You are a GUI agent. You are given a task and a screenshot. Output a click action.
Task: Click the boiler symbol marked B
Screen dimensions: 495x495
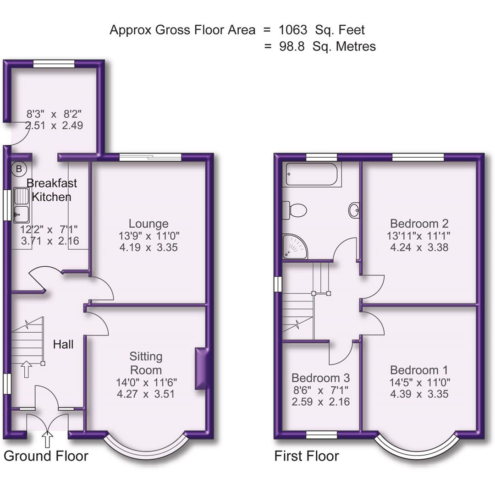tap(18, 169)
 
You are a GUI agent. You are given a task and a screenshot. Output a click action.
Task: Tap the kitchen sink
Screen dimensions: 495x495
tap(21, 204)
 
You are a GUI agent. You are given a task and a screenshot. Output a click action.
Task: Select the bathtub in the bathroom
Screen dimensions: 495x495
tap(311, 175)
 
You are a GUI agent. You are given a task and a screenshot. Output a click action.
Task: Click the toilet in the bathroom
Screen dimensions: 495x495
tap(294, 210)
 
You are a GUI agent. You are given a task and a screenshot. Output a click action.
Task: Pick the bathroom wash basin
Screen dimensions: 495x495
tap(353, 210)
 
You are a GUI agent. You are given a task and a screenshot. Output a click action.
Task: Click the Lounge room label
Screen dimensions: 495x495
tap(148, 224)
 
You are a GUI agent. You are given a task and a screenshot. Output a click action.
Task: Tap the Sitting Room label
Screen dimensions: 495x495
tap(146, 363)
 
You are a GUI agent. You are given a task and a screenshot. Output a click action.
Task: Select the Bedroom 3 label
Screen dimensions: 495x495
tap(320, 378)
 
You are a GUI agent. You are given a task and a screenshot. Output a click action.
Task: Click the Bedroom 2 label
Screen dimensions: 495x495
tap(419, 224)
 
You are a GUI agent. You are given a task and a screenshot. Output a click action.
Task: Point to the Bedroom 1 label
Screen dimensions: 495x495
tap(419, 370)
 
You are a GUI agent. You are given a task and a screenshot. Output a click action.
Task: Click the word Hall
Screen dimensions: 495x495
tap(63, 344)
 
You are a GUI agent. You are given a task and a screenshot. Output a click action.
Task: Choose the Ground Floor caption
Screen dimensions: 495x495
tap(46, 456)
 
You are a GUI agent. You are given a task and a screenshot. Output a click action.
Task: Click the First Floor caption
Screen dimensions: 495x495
tap(307, 456)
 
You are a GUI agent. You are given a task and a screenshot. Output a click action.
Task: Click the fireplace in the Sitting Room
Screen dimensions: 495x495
tap(200, 368)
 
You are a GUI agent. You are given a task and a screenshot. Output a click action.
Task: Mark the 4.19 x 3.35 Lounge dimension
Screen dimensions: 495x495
tap(148, 247)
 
